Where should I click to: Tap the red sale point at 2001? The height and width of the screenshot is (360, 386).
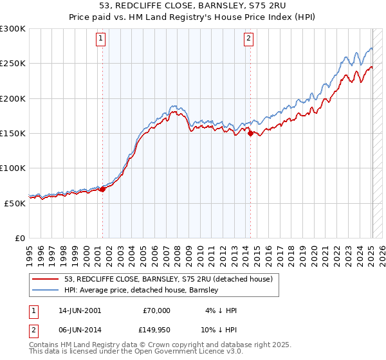click(x=102, y=189)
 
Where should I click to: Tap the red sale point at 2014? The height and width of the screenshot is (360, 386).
click(x=250, y=134)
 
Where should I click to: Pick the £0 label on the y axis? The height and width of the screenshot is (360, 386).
click(x=20, y=238)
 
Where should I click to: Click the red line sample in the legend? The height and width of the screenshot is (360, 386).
click(x=45, y=279)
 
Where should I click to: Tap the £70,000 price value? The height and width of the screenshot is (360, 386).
click(x=156, y=310)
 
